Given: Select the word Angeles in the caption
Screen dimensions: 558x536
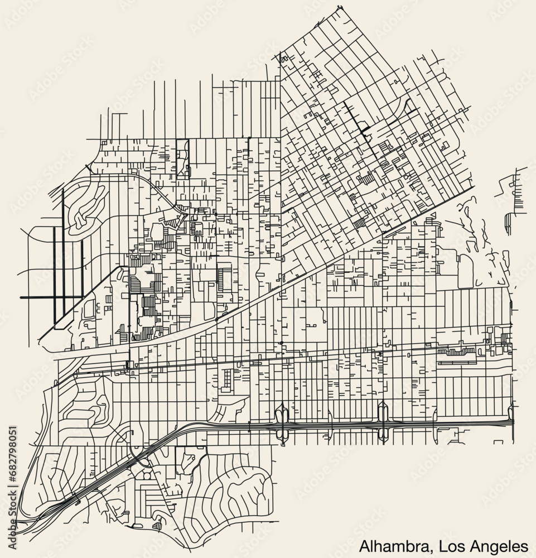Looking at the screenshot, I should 491,545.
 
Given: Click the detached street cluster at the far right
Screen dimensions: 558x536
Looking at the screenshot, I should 516,193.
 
